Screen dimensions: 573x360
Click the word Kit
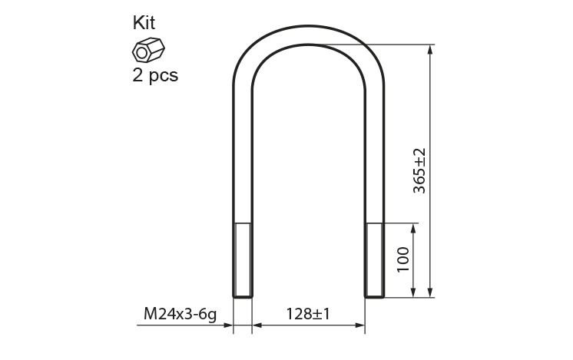pyautogui.click(x=144, y=22)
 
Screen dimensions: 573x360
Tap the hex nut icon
pyautogui.click(x=148, y=50)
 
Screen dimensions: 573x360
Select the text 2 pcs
pyautogui.click(x=155, y=75)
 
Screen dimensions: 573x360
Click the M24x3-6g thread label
pyautogui.click(x=180, y=314)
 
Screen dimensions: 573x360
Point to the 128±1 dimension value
pyautogui.click(x=308, y=314)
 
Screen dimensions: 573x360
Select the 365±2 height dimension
pyautogui.click(x=419, y=170)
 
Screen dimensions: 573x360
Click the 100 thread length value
pyautogui.click(x=403, y=259)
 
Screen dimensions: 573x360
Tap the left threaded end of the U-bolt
pyautogui.click(x=242, y=260)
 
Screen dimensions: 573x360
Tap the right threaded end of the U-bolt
pyautogui.click(x=374, y=260)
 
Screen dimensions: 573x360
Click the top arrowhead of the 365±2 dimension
pyautogui.click(x=430, y=50)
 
